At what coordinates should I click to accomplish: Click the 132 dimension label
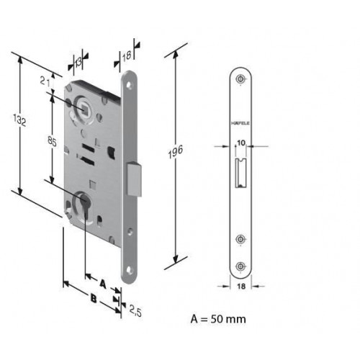pyautogui.click(x=19, y=120)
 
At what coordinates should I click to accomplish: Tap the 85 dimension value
pyautogui.click(x=52, y=142)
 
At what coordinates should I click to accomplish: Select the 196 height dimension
pyautogui.click(x=176, y=152)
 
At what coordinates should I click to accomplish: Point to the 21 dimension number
pyautogui.click(x=45, y=82)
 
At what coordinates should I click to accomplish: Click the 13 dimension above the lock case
pyautogui.click(x=78, y=63)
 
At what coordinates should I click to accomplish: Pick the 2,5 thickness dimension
pyautogui.click(x=135, y=311)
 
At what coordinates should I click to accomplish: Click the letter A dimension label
pyautogui.click(x=103, y=284)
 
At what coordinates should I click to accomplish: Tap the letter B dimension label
pyautogui.click(x=93, y=299)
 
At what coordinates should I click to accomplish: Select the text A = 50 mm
pyautogui.click(x=218, y=319)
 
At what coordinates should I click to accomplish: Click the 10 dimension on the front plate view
pyautogui.click(x=241, y=143)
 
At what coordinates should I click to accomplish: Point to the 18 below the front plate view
pyautogui.click(x=241, y=287)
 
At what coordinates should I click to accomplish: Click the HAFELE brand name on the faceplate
pyautogui.click(x=240, y=123)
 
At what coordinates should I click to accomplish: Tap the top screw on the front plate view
pyautogui.click(x=240, y=78)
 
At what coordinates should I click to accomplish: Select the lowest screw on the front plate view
pyautogui.click(x=240, y=266)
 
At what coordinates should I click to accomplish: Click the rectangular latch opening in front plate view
pyautogui.click(x=240, y=173)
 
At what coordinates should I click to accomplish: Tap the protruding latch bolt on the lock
pyautogui.click(x=134, y=179)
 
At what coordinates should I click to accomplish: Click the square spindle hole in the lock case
pyautogui.click(x=84, y=107)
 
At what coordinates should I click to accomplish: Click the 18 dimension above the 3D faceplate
pyautogui.click(x=127, y=56)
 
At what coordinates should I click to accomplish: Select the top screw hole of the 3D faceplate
pyautogui.click(x=130, y=85)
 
